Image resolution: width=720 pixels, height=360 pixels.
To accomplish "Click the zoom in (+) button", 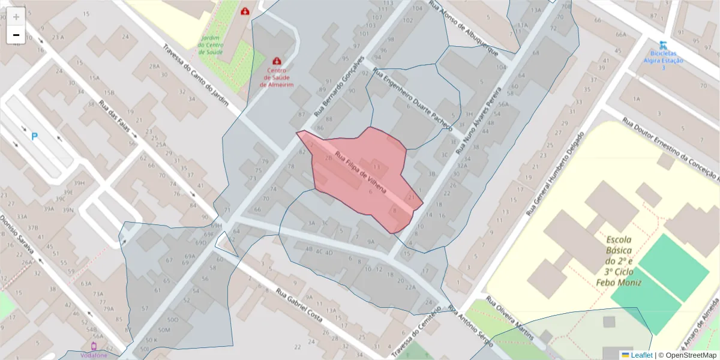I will (x=16, y=17).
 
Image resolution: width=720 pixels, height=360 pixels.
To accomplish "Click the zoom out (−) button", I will (x=16, y=35).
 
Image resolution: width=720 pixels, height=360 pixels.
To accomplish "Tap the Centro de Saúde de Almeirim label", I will (x=277, y=77).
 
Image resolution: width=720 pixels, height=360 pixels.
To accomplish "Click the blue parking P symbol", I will (x=34, y=137).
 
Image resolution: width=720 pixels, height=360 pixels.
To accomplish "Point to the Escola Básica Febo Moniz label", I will (x=619, y=260).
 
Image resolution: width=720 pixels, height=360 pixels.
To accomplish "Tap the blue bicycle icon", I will (x=663, y=45).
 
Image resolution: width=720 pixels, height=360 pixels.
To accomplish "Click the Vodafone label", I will (x=94, y=355).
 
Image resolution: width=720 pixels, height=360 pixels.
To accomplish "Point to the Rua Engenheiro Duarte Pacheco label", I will (x=412, y=98).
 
